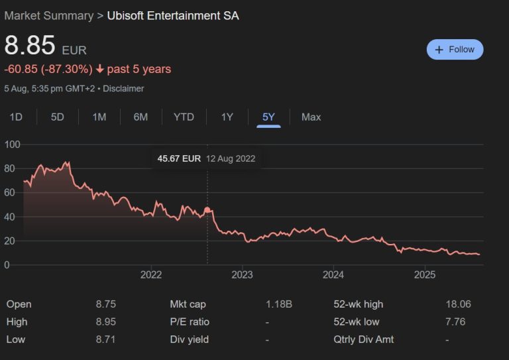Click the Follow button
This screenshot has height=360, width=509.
coord(455,50)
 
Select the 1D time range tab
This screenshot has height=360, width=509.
coord(16,117)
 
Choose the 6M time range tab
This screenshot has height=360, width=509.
coord(141,117)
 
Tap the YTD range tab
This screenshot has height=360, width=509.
coord(184,117)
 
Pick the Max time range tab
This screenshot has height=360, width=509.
coord(311,117)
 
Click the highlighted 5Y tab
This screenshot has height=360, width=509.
coord(268,117)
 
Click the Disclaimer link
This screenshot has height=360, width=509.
coord(123,88)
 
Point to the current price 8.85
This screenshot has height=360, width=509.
coord(30,45)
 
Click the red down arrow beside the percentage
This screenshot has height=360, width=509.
coord(100,69)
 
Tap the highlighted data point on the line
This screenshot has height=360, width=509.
coord(207,210)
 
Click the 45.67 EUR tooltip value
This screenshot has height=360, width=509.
coord(179,158)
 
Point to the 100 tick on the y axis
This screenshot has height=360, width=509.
coord(12,145)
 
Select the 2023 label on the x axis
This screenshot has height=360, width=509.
coord(242,275)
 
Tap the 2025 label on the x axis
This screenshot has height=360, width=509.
coord(424,275)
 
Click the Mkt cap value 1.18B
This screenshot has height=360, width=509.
coord(279,304)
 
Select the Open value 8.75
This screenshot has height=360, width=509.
coord(105,304)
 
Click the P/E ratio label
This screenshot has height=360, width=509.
coord(190,322)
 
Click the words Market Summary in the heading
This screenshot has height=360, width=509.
coord(48,15)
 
